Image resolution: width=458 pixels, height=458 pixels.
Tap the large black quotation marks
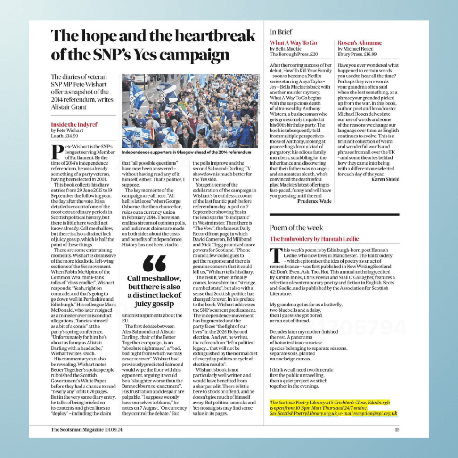[x=154, y=264]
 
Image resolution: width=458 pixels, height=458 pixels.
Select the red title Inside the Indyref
[x=74, y=124]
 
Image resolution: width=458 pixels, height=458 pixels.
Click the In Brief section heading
[x=281, y=32]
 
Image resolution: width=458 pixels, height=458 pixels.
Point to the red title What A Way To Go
[x=293, y=43]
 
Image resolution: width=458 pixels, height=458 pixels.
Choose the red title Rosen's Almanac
[x=360, y=43]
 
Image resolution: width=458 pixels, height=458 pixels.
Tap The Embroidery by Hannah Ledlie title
[x=314, y=239]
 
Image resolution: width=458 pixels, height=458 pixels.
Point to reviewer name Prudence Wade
[x=314, y=201]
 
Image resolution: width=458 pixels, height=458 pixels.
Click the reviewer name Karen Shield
[x=386, y=179]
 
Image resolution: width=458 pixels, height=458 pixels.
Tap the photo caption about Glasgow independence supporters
[x=187, y=153]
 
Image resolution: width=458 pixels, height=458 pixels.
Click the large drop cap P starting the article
[x=57, y=152]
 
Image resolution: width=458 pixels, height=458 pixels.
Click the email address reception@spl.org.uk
[x=375, y=413]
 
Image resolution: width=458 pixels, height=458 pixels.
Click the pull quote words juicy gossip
[x=154, y=304]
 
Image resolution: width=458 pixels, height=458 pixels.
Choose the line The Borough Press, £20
[x=294, y=54]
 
